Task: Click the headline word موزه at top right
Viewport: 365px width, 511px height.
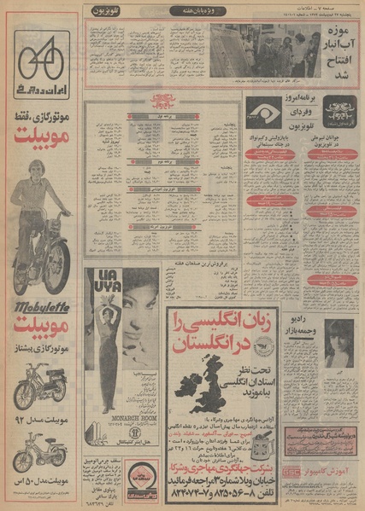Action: click(x=337, y=36)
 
